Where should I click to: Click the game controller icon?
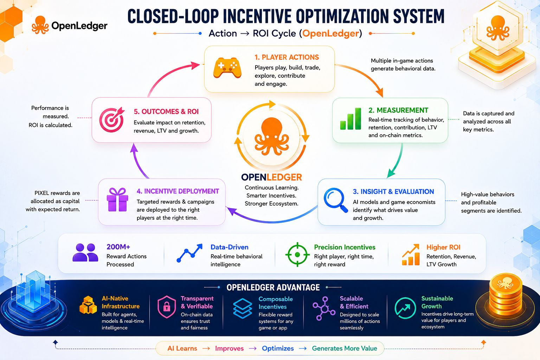point(227,67)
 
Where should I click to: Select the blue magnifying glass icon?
point(336,200)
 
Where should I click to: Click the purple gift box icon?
point(117,200)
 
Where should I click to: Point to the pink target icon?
point(112,120)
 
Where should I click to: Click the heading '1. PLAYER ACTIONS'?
point(287,57)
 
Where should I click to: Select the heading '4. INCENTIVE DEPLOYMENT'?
point(178,191)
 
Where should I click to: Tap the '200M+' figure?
point(118,247)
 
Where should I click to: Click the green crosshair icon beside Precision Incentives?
point(297,255)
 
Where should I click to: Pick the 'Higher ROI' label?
point(443,247)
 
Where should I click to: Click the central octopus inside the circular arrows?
point(272,136)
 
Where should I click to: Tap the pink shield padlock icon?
point(167,307)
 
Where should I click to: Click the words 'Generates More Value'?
point(345,348)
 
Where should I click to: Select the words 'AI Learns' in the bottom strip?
point(182,348)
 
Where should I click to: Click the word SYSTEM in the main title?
point(418,16)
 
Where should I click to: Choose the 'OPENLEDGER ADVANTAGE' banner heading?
point(273,288)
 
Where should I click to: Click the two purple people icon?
point(85,252)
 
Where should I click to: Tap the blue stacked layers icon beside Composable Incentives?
point(243,308)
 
